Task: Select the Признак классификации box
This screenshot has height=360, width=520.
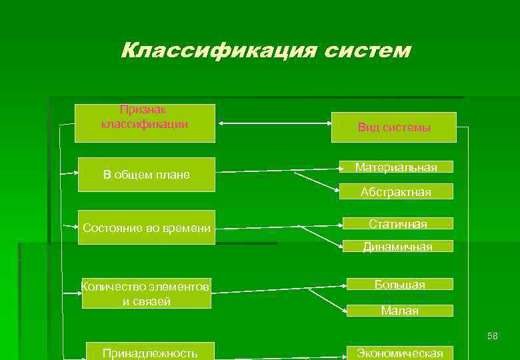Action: click(x=145, y=123)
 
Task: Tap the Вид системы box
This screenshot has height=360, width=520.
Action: click(x=394, y=127)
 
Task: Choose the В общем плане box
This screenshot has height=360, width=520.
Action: click(x=147, y=175)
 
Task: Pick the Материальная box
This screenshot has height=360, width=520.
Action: click(x=396, y=167)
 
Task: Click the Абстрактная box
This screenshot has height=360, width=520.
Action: click(x=396, y=192)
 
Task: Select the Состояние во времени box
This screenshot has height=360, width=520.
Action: click(x=147, y=228)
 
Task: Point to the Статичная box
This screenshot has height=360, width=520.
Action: click(x=398, y=223)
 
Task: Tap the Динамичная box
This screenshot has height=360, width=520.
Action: click(x=398, y=247)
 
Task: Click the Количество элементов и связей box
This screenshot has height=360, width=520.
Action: click(x=146, y=293)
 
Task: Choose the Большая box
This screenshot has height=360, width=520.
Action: click(x=399, y=285)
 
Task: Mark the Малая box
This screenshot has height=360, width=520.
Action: click(x=399, y=311)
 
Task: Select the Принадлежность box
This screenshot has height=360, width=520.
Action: click(x=150, y=351)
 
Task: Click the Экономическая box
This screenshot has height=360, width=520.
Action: click(x=399, y=353)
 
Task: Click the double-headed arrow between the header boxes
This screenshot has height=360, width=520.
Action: click(x=273, y=123)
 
